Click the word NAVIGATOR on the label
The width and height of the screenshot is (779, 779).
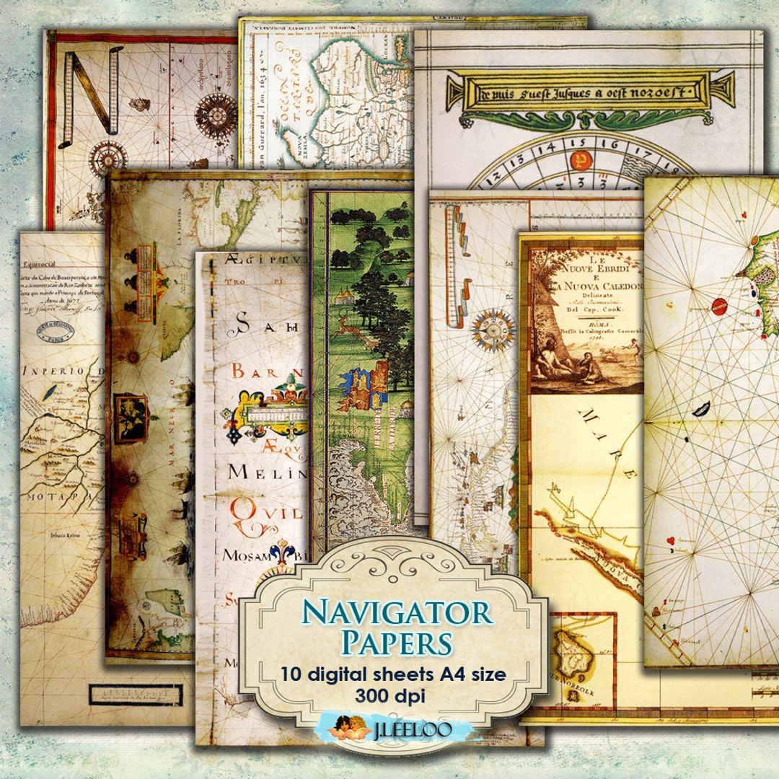click(397, 612)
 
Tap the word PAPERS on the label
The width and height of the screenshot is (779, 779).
click(397, 642)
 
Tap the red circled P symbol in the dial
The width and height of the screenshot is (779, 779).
click(578, 160)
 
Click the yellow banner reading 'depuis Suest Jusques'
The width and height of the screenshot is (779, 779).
click(581, 91)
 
